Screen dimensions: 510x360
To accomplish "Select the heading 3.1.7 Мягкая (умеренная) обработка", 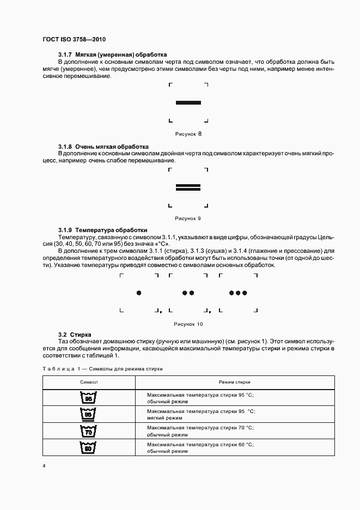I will click(x=112, y=55).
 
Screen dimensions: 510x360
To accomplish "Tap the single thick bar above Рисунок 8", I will click(x=188, y=102).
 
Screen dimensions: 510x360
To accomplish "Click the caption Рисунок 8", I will click(x=188, y=133).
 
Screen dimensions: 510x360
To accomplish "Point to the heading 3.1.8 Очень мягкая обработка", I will click(x=103, y=147).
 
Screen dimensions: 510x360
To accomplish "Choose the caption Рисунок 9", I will click(x=188, y=218).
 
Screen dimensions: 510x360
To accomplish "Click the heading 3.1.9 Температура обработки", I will click(x=102, y=230).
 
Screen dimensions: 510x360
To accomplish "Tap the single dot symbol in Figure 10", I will click(x=139, y=293).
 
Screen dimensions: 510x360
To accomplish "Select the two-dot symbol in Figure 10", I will click(x=188, y=293).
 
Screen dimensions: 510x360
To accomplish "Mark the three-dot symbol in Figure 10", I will click(x=238, y=293).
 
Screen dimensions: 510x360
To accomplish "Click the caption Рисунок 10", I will click(x=188, y=324).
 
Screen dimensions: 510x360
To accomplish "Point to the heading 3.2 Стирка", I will click(x=75, y=334).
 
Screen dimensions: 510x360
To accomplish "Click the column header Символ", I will click(x=89, y=382).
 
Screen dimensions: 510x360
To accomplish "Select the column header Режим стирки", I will click(x=235, y=382).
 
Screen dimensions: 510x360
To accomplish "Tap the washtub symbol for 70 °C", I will click(x=88, y=431).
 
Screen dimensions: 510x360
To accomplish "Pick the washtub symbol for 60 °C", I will click(x=88, y=448).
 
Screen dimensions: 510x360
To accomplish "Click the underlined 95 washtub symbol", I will click(x=88, y=414).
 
